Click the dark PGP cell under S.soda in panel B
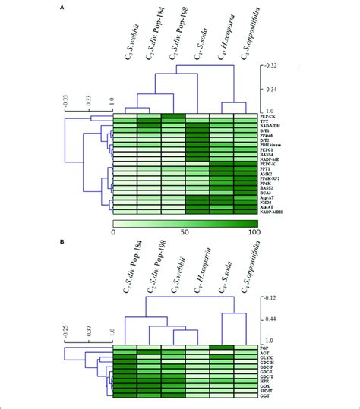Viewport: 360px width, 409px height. tap(223, 348)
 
